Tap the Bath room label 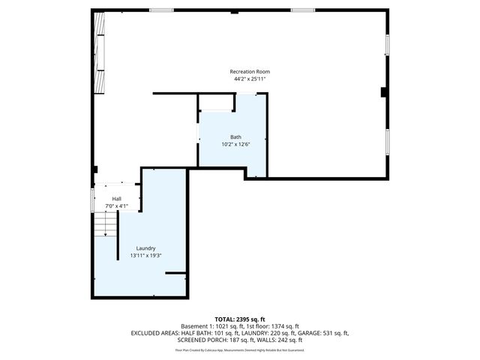pos(235,136)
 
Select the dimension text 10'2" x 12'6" pos(235,144)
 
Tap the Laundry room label pos(145,248)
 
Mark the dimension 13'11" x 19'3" pos(145,256)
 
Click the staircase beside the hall pos(106,224)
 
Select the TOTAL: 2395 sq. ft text pos(240,319)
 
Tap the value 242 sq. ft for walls pos(289,340)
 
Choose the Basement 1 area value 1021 pos(220,326)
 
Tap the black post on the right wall pos(384,93)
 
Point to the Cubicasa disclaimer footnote pos(240,349)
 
